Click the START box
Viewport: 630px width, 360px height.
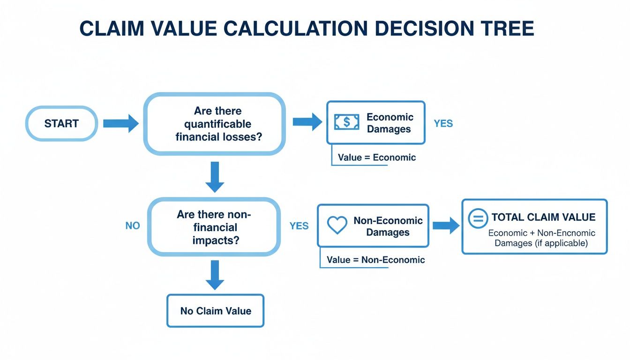[61, 124]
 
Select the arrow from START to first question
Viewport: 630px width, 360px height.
[120, 124]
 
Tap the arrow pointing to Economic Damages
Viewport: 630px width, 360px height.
[307, 122]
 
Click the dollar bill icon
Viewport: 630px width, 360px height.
[346, 122]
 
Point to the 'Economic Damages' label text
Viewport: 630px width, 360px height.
[390, 123]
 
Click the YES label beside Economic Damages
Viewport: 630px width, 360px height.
[443, 124]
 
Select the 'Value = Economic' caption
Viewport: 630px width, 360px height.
[377, 157]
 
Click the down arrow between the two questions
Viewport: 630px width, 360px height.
[215, 176]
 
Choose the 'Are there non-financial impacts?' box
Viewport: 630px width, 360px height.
[214, 227]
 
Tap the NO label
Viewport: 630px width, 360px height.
[133, 226]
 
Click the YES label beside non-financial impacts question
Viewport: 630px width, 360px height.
[299, 226]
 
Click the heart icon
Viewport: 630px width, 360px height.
[337, 225]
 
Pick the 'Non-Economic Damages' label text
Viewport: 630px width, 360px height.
[388, 226]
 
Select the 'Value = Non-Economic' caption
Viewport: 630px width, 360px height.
[375, 260]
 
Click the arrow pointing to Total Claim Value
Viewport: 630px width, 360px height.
[445, 225]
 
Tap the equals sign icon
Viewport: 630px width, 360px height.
[478, 218]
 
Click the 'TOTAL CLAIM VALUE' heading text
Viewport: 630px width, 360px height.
[543, 217]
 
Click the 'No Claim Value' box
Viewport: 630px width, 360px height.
[216, 311]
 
